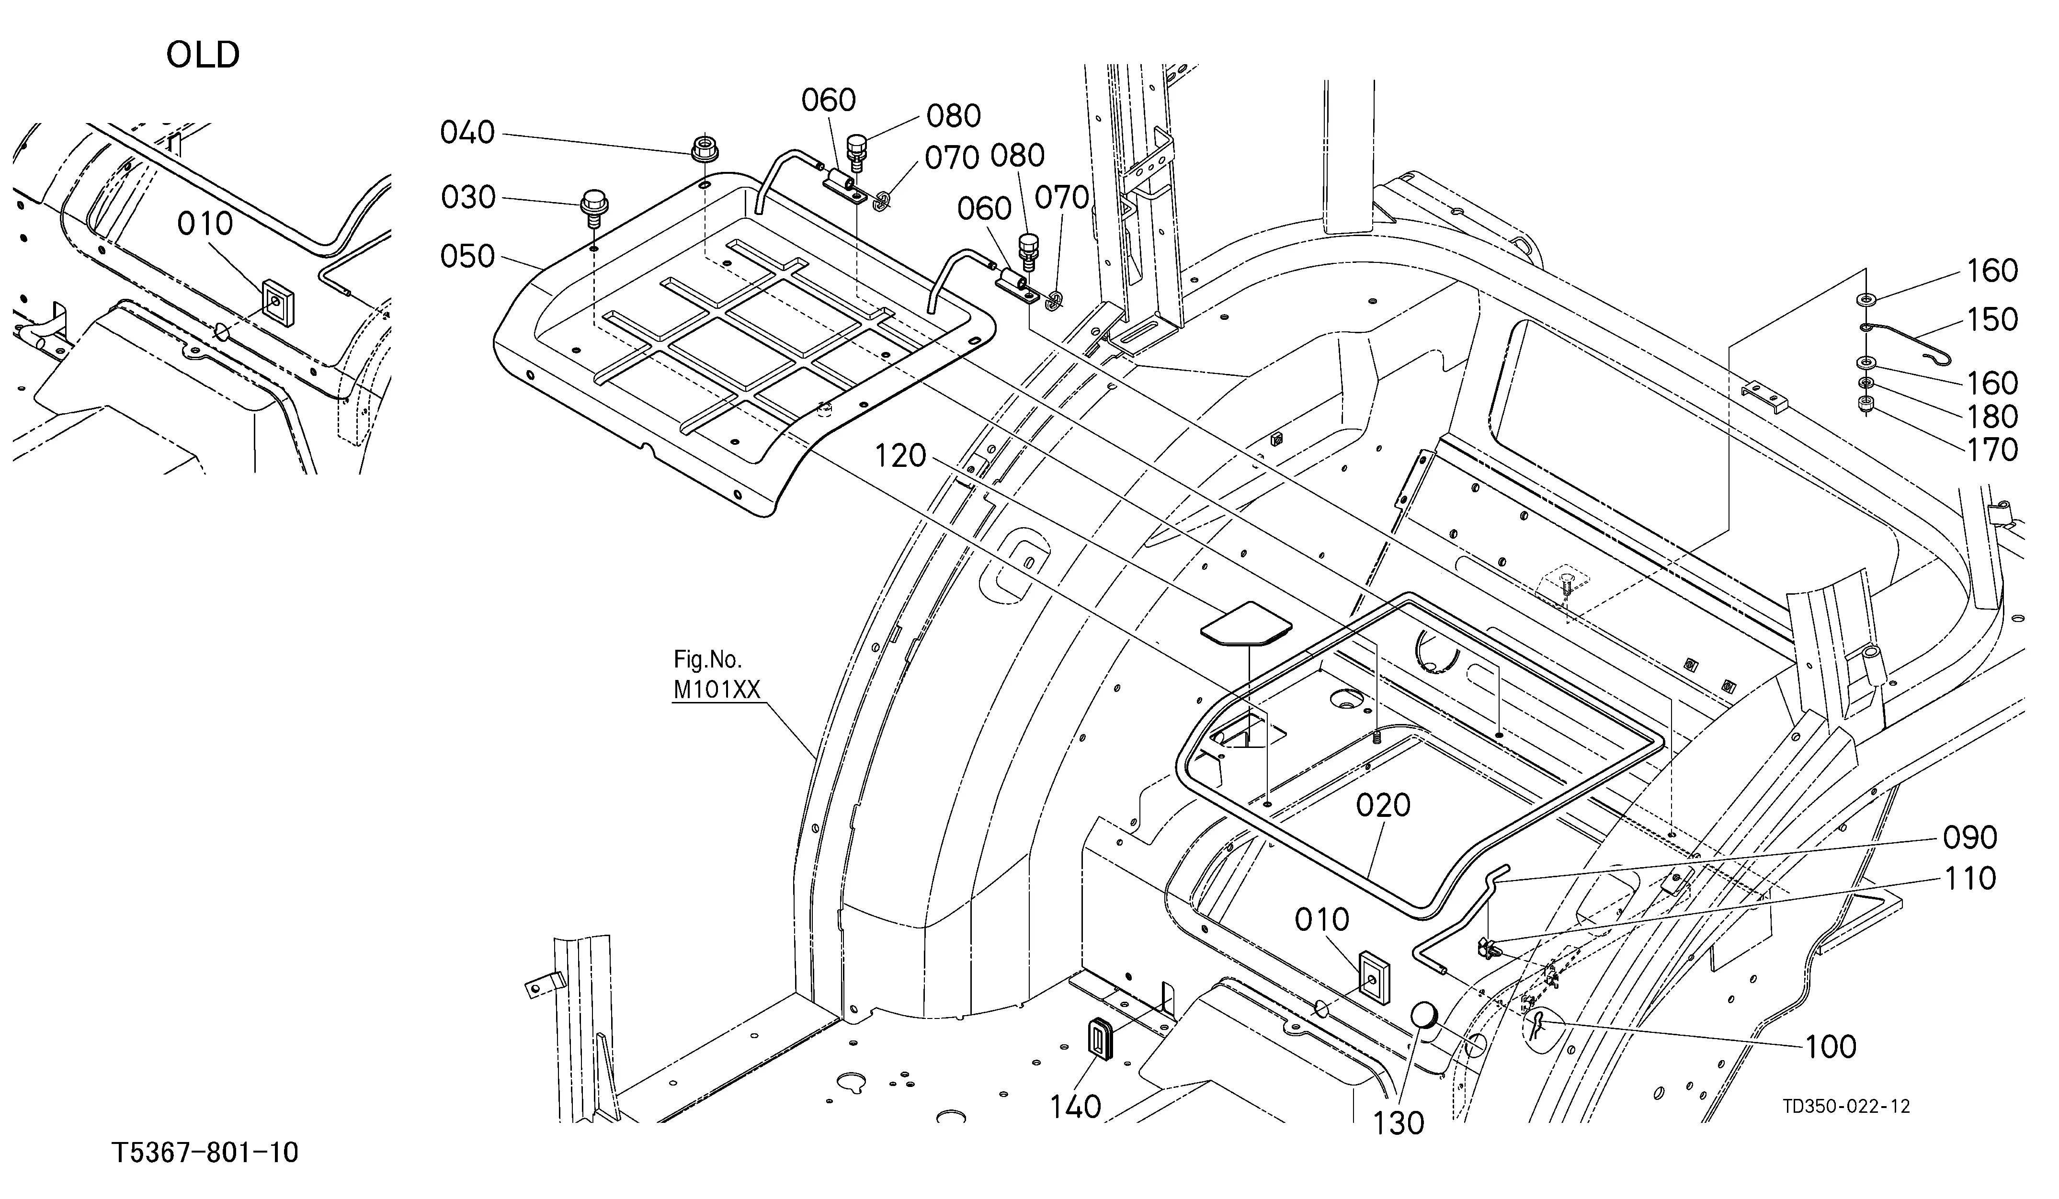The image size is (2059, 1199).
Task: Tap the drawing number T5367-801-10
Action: click(x=205, y=1153)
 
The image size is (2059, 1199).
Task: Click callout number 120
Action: click(x=900, y=456)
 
